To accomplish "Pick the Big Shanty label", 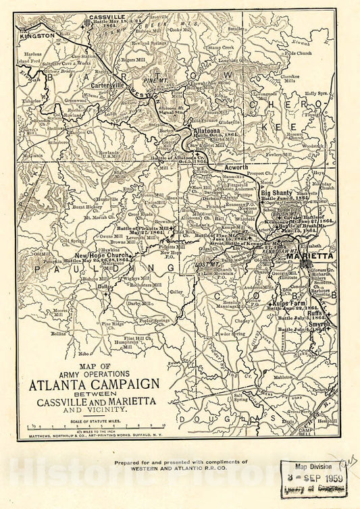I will click(x=278, y=193).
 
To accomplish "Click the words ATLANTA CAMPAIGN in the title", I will click(x=94, y=385).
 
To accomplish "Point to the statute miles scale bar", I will click(x=95, y=427).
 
